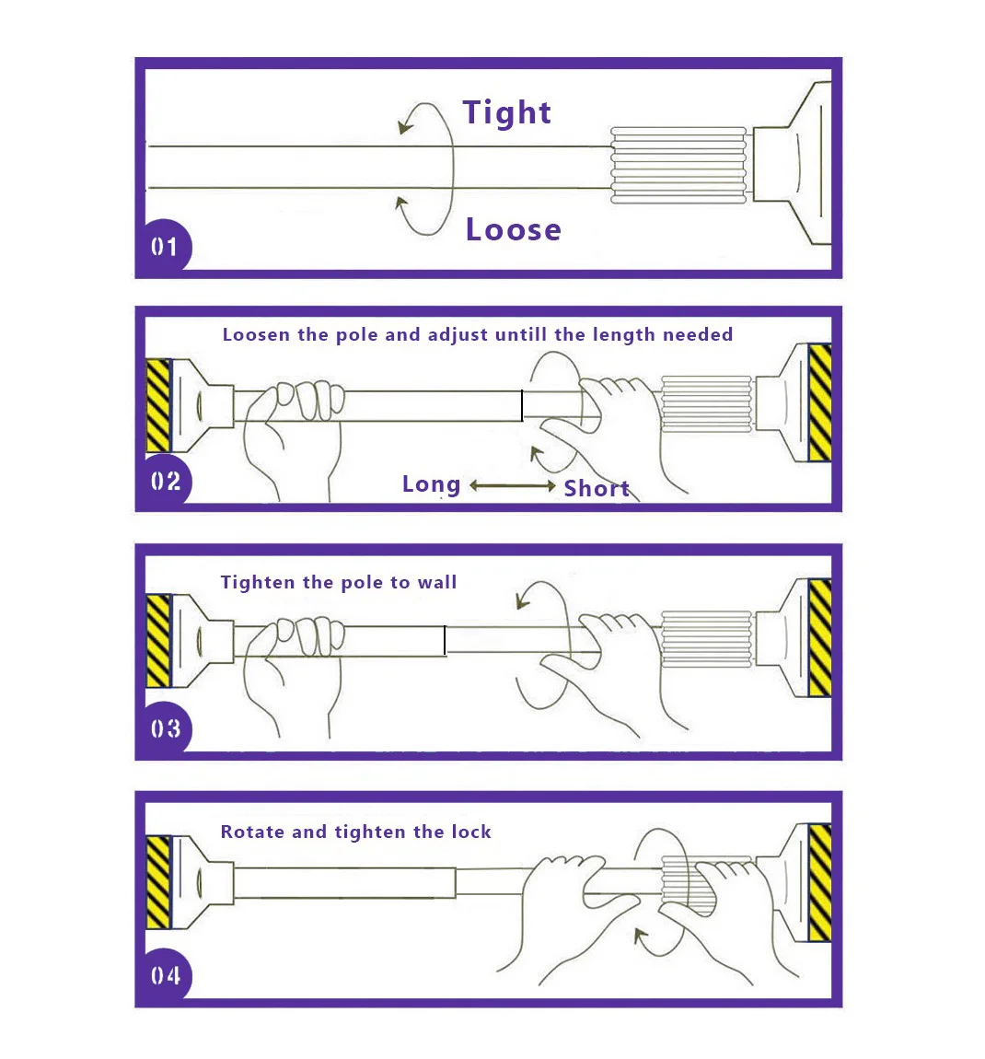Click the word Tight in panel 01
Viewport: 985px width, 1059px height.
[506, 112]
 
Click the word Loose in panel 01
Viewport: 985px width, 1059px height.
[513, 229]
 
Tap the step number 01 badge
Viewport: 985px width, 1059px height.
[164, 247]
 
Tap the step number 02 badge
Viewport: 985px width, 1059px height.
[166, 481]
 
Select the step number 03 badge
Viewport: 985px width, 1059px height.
[166, 728]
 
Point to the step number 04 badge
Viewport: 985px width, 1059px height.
[166, 975]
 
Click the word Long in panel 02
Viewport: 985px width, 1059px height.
[432, 484]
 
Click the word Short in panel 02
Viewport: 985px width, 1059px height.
[597, 488]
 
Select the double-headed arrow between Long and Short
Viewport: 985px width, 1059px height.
[513, 485]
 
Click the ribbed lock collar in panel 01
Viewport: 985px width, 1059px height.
[678, 165]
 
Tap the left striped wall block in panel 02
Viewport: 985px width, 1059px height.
[158, 406]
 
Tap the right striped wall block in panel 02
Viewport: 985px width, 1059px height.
[819, 402]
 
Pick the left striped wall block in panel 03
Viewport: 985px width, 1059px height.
[158, 641]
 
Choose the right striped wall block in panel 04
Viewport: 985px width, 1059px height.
[819, 883]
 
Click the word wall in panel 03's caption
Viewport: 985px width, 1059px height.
[436, 582]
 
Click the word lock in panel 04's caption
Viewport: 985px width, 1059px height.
[471, 832]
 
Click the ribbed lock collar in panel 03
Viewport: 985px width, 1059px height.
[706, 639]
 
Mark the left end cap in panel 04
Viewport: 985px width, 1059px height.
[203, 883]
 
